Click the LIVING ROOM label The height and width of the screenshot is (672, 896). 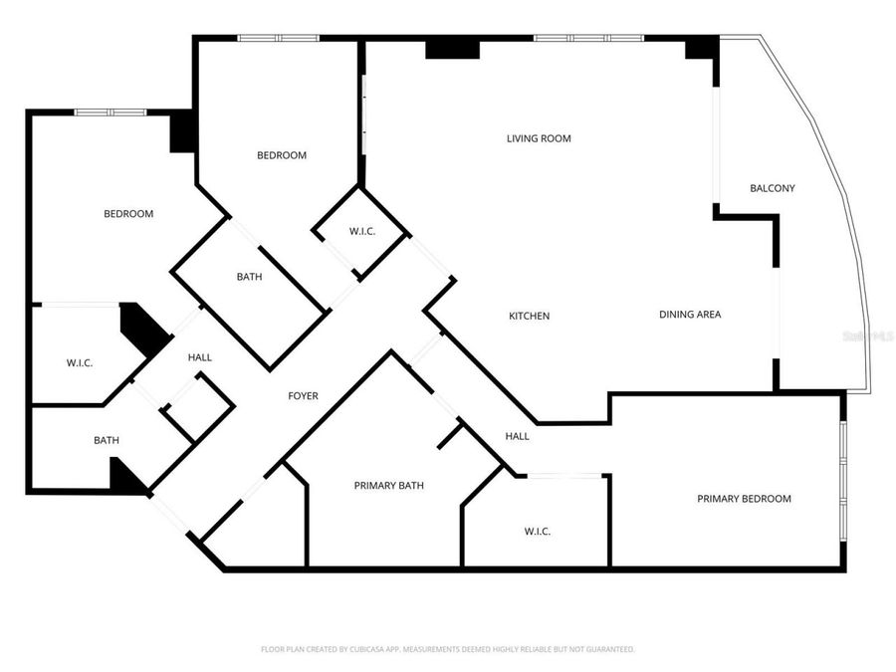point(539,138)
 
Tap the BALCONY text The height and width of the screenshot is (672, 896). point(772,188)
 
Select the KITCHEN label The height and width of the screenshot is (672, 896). point(529,316)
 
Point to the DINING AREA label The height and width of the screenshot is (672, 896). point(689,315)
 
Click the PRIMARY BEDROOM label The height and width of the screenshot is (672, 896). point(744,499)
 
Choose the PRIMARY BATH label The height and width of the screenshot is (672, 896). point(388,486)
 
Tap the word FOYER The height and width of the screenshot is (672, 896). point(303,396)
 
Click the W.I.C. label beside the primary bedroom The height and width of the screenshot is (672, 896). point(537,532)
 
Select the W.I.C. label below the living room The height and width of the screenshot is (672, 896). point(361,232)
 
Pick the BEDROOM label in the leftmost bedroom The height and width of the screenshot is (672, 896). point(128,214)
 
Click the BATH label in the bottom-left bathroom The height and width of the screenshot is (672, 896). point(107,440)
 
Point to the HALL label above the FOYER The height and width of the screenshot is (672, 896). point(199,357)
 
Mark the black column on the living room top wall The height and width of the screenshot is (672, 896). point(452,49)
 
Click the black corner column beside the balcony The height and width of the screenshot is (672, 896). point(702,48)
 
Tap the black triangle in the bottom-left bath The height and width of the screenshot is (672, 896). point(126,477)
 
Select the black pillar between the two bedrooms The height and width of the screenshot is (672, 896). point(182,132)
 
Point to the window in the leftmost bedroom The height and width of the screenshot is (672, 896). point(112,112)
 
